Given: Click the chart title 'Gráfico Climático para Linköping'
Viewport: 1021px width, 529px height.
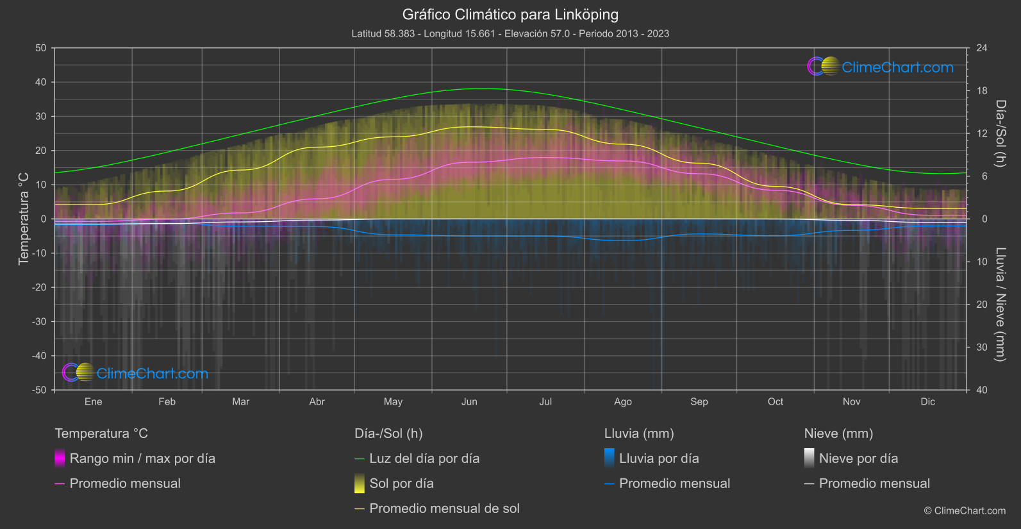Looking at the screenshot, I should [510, 15].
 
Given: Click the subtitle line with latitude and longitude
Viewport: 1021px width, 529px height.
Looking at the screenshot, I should [510, 33].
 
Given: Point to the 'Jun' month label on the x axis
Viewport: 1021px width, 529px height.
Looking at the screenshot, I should [469, 401].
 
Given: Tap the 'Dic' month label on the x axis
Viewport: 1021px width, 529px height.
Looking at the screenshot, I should [927, 401].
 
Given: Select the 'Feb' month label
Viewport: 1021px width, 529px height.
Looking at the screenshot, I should [167, 401].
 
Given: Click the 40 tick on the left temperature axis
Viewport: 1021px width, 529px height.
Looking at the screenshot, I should [40, 82].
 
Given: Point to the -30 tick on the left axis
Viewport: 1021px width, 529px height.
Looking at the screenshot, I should [40, 321].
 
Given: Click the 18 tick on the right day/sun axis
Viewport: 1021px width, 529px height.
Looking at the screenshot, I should [982, 91].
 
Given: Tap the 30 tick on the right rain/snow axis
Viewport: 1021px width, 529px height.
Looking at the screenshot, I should [982, 347].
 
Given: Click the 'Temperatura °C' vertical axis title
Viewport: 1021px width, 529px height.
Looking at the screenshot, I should [24, 219].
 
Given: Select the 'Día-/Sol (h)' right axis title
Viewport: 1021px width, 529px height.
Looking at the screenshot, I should [1000, 133].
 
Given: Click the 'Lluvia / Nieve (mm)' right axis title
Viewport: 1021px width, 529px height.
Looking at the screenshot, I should [1000, 304].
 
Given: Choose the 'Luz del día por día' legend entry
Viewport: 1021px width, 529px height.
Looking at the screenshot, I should [424, 458].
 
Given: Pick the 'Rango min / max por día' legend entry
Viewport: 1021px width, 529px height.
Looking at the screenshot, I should [142, 458].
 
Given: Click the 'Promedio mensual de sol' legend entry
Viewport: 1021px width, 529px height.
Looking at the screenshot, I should [444, 508].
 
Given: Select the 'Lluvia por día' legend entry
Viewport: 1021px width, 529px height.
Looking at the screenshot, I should [659, 458].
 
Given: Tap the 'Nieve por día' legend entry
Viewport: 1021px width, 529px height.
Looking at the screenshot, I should [858, 458].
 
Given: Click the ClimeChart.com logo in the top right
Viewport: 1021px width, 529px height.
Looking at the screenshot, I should [881, 67].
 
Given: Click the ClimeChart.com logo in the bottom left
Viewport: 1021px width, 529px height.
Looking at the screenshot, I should [135, 373].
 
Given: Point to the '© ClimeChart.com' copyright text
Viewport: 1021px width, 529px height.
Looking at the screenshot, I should [965, 511].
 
